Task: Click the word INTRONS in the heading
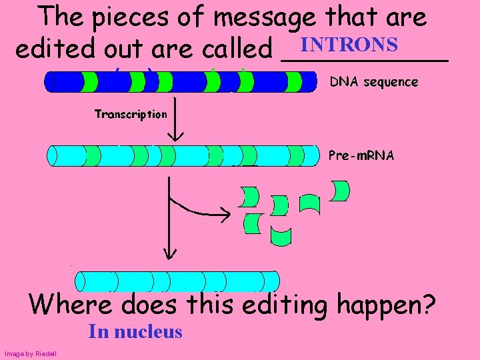[349, 45]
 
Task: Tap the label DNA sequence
[375, 82]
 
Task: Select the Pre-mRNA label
[362, 156]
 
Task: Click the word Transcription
[131, 114]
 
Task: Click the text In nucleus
[135, 331]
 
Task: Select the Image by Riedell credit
[30, 353]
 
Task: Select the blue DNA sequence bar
[180, 81]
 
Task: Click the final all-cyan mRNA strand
[177, 281]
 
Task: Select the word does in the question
[151, 305]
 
